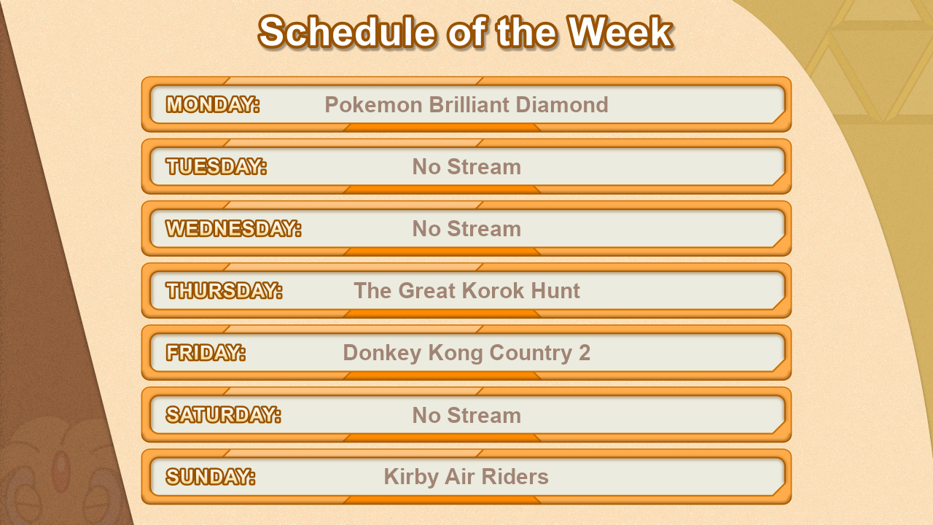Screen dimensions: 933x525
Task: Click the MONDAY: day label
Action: tap(213, 104)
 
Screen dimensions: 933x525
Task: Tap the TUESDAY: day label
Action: tap(216, 166)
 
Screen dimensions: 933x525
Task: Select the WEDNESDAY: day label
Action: tap(234, 228)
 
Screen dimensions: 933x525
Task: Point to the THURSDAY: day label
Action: tap(224, 290)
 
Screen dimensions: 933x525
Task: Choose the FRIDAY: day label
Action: tap(206, 352)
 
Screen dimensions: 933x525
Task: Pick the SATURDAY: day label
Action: tap(224, 415)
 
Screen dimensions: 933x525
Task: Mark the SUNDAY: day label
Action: tap(211, 477)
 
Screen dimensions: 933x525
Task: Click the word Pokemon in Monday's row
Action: tap(374, 104)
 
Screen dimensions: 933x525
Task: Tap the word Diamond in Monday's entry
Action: tap(562, 104)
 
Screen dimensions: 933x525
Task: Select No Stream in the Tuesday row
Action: tap(466, 167)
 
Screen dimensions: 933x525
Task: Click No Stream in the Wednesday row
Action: tap(466, 229)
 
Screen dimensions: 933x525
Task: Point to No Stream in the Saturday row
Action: tap(466, 416)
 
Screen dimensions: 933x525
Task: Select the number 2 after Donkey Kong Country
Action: tap(585, 352)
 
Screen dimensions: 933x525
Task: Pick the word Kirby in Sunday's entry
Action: tap(411, 477)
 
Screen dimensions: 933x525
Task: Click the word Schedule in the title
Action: tap(348, 32)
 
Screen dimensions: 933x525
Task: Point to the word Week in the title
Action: tap(620, 32)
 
